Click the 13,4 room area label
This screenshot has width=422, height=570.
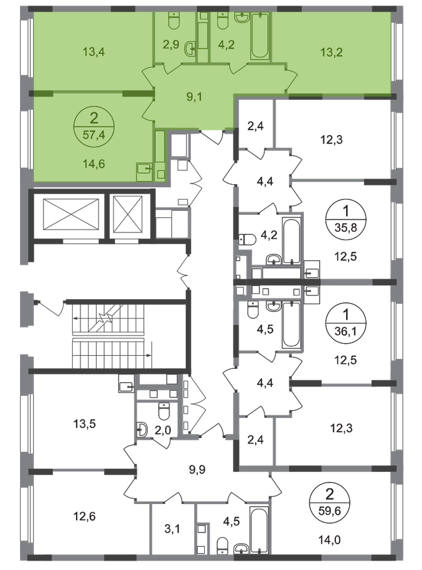[93, 52]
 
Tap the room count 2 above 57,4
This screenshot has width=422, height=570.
[93, 118]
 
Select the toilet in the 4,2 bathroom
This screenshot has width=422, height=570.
[222, 21]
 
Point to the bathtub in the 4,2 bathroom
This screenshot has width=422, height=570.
[259, 38]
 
